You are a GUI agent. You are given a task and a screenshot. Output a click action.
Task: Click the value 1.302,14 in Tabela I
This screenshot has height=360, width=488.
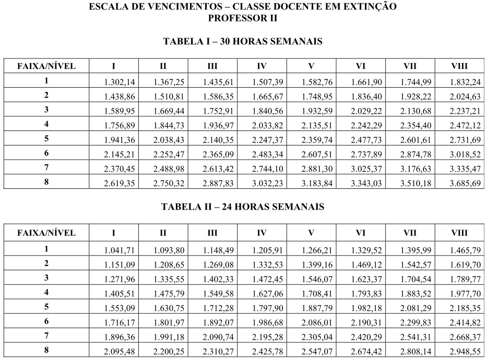(120, 82)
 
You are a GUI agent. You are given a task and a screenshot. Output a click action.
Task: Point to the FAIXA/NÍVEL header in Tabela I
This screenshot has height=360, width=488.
(46, 66)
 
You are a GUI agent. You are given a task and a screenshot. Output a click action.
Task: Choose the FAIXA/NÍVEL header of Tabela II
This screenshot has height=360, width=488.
(46, 233)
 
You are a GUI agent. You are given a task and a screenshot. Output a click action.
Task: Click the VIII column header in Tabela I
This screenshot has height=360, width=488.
(459, 66)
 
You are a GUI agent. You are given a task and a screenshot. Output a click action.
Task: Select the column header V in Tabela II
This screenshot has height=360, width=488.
(311, 233)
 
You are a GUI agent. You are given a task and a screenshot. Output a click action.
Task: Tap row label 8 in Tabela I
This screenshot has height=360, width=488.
(46, 182)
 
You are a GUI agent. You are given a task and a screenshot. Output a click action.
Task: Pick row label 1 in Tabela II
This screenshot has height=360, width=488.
(46, 248)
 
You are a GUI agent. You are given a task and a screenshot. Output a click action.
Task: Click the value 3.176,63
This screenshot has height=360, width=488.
(415, 168)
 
